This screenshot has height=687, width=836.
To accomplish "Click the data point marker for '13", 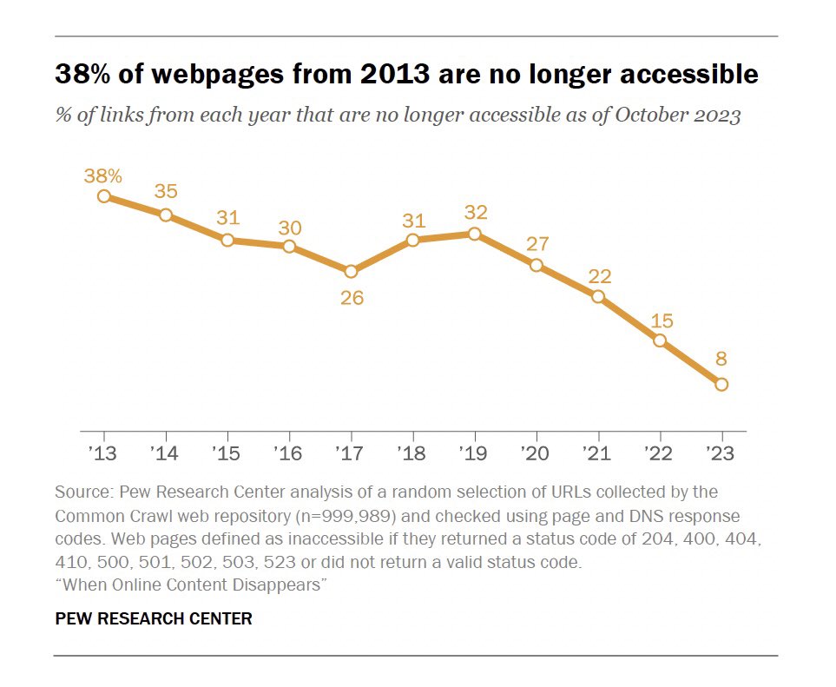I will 104,196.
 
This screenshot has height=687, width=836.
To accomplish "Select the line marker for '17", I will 351,271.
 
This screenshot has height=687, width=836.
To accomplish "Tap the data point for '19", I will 474,234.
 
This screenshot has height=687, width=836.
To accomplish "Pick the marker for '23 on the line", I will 721,384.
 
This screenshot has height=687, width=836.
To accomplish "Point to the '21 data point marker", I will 597,296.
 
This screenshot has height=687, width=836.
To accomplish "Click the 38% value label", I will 102,175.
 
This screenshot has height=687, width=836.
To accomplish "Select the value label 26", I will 352,298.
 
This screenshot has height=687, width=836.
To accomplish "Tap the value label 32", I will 474,213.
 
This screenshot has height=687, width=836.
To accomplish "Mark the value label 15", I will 661,320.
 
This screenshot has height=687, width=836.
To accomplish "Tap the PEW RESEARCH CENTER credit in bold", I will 154,619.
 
